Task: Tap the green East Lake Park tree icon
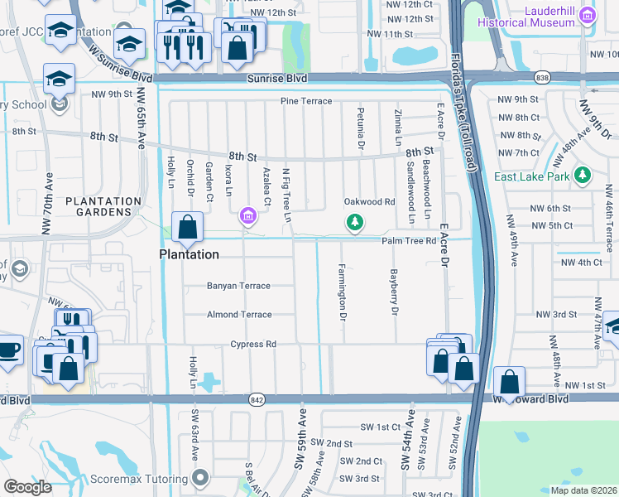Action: coord(583,175)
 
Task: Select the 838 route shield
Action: coord(541,77)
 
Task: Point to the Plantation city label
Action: coord(189,254)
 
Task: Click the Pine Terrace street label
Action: coord(305,101)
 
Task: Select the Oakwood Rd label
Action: coord(369,202)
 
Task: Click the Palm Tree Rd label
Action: coord(408,241)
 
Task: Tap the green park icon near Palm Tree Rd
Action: coord(354,222)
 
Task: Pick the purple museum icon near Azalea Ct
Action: coord(247,217)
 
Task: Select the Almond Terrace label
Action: coord(238,315)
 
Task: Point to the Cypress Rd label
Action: coord(252,345)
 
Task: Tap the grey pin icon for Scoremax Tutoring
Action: coord(200,477)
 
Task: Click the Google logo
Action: coord(28,487)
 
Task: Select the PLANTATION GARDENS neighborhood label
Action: coord(103,206)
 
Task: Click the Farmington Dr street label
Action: coord(341,292)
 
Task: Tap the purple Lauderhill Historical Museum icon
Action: coord(588,15)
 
